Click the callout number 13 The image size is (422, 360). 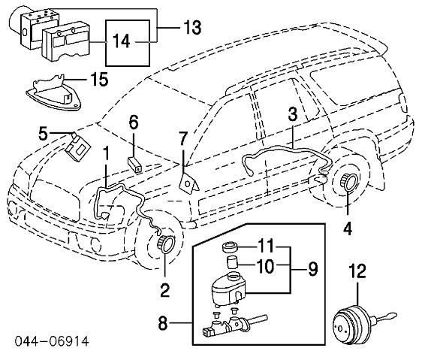pyautogui.click(x=192, y=28)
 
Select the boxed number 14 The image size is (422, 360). pyautogui.click(x=122, y=41)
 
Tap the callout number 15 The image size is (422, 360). pyautogui.click(x=99, y=79)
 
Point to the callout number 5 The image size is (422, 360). pyautogui.click(x=43, y=134)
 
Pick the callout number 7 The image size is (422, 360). pyautogui.click(x=183, y=139)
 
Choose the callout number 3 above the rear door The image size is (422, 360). pyautogui.click(x=293, y=113)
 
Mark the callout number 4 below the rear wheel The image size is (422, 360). pyautogui.click(x=348, y=229)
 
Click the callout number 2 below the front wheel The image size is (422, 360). pyautogui.click(x=164, y=290)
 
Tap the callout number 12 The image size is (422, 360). pyautogui.click(x=357, y=271)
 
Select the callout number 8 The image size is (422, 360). pyautogui.click(x=162, y=323)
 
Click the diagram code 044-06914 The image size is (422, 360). pyautogui.click(x=52, y=341)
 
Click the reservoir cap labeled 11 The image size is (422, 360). pyautogui.click(x=230, y=247)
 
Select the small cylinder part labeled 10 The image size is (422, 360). pyautogui.click(x=232, y=263)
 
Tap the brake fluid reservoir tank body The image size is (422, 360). pyautogui.click(x=228, y=289)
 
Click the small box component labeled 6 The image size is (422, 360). pyautogui.click(x=134, y=164)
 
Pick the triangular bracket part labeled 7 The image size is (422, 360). pyautogui.click(x=189, y=183)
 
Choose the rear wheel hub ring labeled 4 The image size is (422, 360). pyautogui.click(x=348, y=182)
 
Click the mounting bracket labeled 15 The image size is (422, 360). pyautogui.click(x=53, y=93)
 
